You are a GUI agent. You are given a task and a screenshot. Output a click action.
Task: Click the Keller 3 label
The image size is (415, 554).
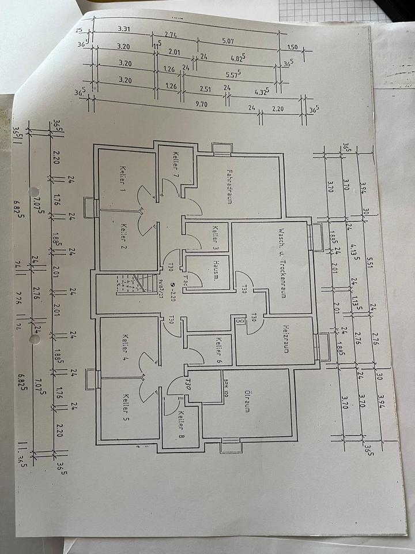216,237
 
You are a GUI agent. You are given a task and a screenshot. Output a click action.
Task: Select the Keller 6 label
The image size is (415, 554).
219,349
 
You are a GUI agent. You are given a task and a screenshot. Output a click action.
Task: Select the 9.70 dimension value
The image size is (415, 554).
201,104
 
